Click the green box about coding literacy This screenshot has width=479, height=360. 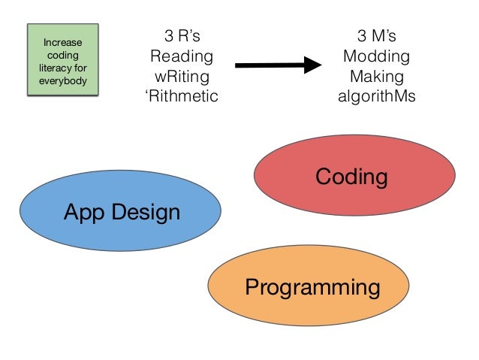click(63, 59)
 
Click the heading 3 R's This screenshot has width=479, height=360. click(182, 35)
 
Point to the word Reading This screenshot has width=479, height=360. click(182, 56)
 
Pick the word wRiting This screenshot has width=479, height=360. click(182, 76)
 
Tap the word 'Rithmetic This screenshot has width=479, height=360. click(182, 96)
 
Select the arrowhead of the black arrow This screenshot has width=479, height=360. click(313, 65)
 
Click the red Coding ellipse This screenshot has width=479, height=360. click(351, 177)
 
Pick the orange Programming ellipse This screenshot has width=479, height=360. click(309, 286)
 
